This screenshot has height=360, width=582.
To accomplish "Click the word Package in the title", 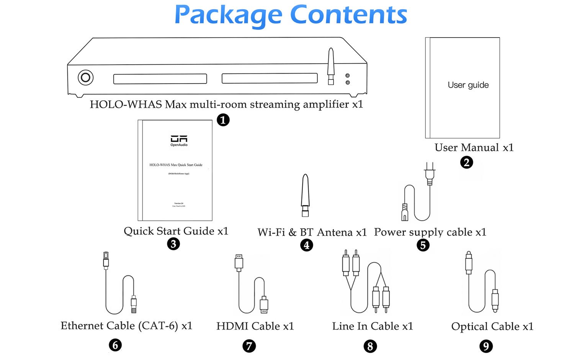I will coord(228,15).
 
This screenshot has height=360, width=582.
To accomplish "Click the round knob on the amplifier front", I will coord(85,78).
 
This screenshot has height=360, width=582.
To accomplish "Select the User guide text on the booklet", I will coord(468,85).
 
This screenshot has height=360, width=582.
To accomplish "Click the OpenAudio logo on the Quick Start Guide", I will coord(179,140).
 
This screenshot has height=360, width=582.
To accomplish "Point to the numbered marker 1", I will coord(223,120).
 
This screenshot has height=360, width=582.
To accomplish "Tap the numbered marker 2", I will coord(466,162).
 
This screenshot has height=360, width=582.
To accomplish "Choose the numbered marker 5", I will coord(423,245).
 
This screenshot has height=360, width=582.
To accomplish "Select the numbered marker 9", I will coord(486,346).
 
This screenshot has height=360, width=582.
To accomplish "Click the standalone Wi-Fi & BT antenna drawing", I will coord(305,195).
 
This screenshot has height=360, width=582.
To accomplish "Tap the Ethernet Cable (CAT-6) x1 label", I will coord(126,326).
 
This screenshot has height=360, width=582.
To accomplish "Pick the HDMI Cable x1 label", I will coord(255,326).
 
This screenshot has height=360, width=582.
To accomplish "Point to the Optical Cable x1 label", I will coord(492,326).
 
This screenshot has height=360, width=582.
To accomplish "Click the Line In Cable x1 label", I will coord(373,326).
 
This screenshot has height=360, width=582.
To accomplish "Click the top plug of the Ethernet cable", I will coord(106,260).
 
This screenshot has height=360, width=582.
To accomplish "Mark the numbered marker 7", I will coord(249,346).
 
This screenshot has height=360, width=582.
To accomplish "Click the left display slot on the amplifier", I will coord(160,79).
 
